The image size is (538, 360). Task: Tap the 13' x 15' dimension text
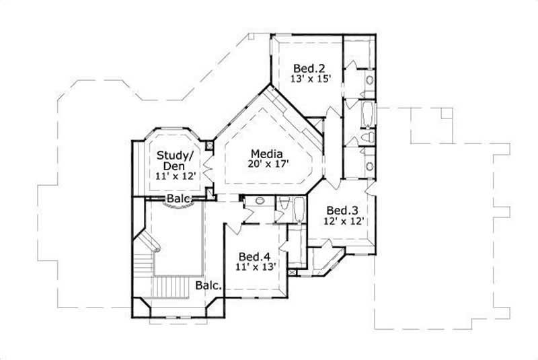point(310,79)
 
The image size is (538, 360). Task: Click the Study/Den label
point(175,160)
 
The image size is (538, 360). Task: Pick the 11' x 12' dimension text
point(175,176)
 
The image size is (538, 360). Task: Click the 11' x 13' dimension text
point(256,267)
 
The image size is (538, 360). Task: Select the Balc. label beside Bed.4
point(209,286)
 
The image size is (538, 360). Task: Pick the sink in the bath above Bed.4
point(259,202)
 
